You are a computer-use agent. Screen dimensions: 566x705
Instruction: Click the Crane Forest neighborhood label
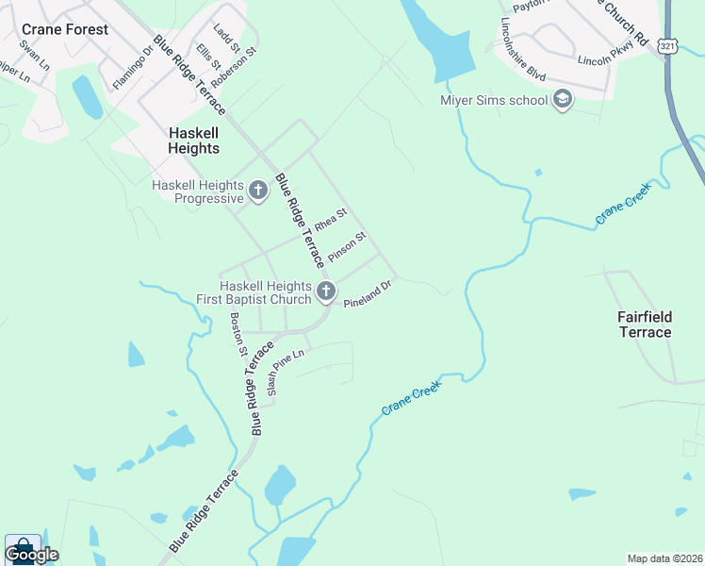pos(65,29)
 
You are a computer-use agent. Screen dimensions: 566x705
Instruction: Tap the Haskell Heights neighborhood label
pos(194,141)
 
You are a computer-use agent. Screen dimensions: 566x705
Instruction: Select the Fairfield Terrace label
pos(645,325)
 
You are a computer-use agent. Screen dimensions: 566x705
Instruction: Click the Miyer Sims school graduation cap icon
pos(562,100)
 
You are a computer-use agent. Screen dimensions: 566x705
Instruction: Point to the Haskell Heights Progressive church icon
pos(258,192)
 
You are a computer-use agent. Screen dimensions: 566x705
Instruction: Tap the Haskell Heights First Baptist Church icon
pos(326,292)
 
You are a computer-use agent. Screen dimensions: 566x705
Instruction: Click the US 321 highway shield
pos(667,46)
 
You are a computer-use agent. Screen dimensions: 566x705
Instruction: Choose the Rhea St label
pos(331,223)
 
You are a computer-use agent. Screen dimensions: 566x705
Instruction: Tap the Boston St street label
pos(238,335)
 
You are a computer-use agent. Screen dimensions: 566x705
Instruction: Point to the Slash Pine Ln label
pos(287,372)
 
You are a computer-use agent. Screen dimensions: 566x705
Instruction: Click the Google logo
pos(31,555)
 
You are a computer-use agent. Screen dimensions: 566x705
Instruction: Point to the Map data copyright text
pos(664,558)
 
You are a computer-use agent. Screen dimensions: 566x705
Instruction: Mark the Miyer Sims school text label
pos(494,101)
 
